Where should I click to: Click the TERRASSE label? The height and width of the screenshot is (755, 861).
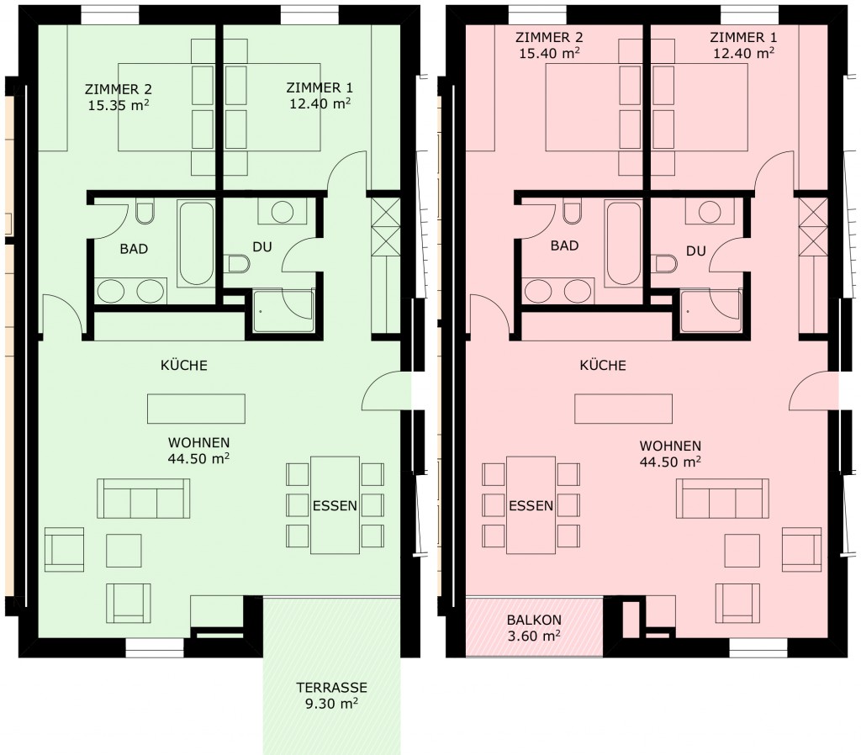point(331,688)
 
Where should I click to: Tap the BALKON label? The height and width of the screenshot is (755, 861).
point(534,620)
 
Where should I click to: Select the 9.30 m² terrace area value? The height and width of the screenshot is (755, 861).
point(331,704)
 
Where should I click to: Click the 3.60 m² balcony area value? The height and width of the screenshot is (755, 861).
point(534,636)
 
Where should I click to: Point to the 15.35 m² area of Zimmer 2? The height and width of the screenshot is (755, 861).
point(119,105)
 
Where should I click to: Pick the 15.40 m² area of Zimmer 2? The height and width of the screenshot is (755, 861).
point(550,53)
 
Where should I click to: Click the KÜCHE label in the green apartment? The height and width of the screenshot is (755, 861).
point(184,365)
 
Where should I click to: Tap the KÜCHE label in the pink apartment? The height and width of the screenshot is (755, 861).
point(603,365)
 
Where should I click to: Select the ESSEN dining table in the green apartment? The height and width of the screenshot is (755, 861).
point(335,505)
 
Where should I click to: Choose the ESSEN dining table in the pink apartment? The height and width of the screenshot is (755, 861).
point(531,505)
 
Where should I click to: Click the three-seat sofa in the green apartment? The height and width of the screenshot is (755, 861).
point(144,499)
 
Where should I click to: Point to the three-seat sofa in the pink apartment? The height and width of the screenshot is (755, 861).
point(722,499)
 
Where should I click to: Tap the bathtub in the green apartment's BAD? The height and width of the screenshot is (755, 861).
point(196,243)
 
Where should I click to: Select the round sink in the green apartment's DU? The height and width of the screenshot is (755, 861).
point(283,212)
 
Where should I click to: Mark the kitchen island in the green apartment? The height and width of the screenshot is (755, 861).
point(196,409)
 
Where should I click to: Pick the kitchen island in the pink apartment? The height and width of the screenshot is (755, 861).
point(623,409)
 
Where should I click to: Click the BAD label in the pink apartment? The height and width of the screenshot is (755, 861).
point(564,246)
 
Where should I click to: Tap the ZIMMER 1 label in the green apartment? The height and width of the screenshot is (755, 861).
point(320,87)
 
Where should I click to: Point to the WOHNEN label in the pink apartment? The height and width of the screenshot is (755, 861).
point(670,446)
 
